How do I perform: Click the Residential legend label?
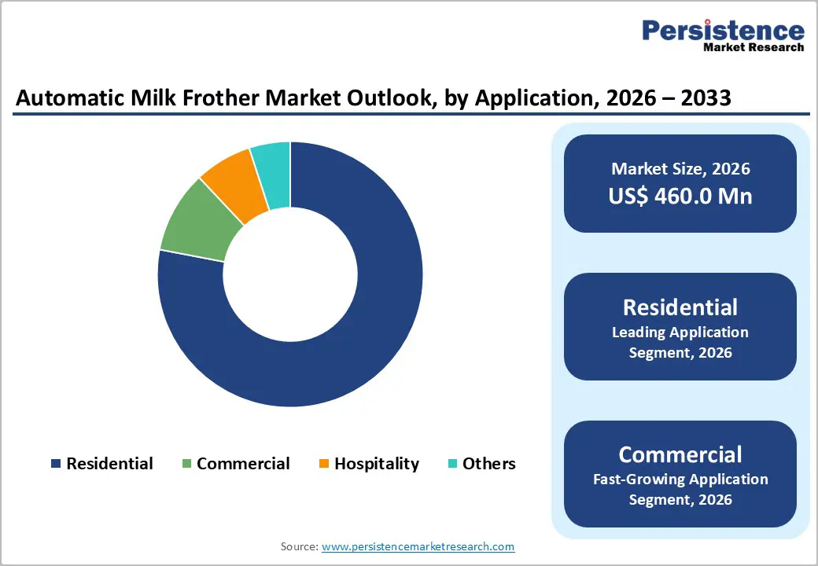[x=109, y=464]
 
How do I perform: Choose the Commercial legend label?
[x=243, y=464]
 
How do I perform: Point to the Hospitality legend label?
[x=377, y=464]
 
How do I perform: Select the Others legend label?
[x=488, y=464]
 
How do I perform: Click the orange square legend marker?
[x=323, y=465]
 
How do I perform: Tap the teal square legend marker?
[x=451, y=465]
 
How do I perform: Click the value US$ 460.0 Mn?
[x=680, y=196]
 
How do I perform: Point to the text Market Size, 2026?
[x=680, y=169]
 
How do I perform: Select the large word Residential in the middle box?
[x=680, y=307]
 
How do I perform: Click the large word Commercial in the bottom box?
[x=680, y=454]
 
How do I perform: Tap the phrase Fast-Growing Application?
[x=680, y=479]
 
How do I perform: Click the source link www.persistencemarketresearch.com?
[x=418, y=546]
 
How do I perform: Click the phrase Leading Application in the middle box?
[x=680, y=333]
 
